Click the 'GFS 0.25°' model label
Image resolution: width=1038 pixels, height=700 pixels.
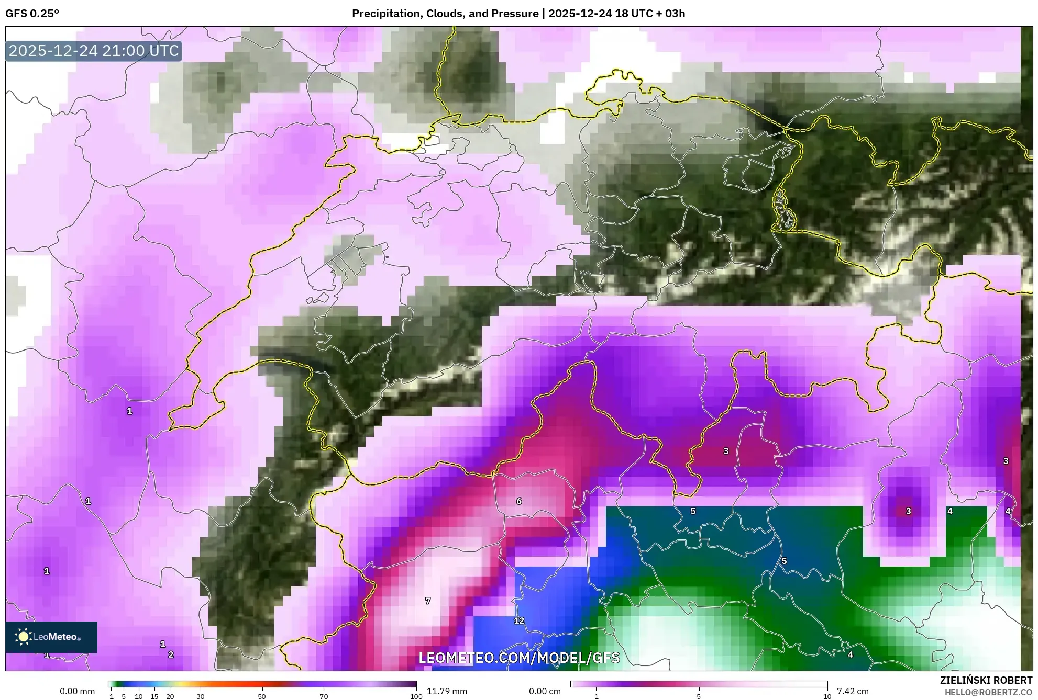coord(32,14)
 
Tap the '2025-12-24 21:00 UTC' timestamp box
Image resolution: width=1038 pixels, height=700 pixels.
coord(94,51)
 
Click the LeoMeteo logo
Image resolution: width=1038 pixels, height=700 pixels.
coord(51,637)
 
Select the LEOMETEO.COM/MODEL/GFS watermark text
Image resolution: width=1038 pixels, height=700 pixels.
coord(519,658)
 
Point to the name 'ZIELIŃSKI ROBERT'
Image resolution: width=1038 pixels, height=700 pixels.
coord(986,681)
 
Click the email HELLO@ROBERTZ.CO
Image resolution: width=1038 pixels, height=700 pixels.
coord(988,692)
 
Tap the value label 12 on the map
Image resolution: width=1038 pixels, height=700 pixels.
coord(519,620)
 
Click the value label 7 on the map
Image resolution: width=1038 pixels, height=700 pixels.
coord(428,601)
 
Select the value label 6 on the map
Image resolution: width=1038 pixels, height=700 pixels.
coord(519,501)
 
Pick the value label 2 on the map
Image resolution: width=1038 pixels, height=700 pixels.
coord(171,654)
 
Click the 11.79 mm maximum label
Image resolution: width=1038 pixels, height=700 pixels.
coord(447,691)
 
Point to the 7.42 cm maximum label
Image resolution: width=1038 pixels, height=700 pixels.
coord(853,691)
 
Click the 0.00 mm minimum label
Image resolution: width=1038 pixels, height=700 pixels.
coord(78,691)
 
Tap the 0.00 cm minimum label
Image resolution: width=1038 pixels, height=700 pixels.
coord(545,691)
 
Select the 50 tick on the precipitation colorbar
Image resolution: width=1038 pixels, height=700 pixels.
coord(262,696)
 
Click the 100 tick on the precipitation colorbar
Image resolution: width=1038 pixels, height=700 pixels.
coord(416,696)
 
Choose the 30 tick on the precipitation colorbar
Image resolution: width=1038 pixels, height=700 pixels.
coord(201,696)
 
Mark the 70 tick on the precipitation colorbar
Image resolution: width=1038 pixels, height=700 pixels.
coord(324,696)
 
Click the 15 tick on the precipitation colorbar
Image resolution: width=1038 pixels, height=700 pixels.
coord(154,696)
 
